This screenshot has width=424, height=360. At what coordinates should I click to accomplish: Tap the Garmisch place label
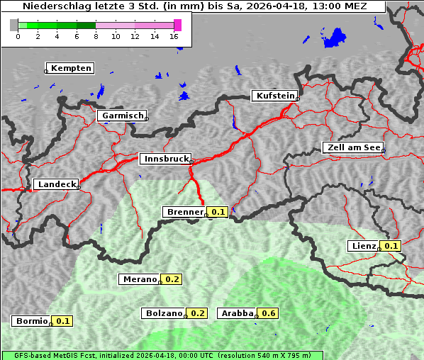pyautogui.click(x=122, y=116)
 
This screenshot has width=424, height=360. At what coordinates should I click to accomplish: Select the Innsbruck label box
pyautogui.click(x=165, y=159)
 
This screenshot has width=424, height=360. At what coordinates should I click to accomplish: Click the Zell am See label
pyautogui.click(x=353, y=147)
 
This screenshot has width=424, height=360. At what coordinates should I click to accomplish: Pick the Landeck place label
pyautogui.click(x=56, y=184)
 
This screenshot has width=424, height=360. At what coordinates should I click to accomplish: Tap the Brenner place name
pyautogui.click(x=184, y=212)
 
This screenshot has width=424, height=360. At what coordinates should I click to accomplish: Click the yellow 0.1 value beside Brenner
pyautogui.click(x=218, y=212)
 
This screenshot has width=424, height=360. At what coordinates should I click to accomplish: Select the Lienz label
pyautogui.click(x=364, y=246)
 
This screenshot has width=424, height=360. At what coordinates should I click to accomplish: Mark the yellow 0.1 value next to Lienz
pyautogui.click(x=391, y=246)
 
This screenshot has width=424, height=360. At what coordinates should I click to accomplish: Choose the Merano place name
pyautogui.click(x=139, y=279)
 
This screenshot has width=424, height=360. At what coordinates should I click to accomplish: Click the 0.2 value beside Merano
pyautogui.click(x=172, y=279)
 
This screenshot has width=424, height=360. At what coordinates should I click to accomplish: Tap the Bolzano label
pyautogui.click(x=164, y=313)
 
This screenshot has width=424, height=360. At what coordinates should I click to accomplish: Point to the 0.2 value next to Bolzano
pyautogui.click(x=197, y=313)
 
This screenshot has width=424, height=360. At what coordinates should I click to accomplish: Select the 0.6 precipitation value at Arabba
pyautogui.click(x=268, y=313)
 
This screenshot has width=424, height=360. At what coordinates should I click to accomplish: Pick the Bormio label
pyautogui.click(x=32, y=321)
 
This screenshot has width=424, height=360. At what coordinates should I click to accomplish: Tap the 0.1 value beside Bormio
pyautogui.click(x=63, y=321)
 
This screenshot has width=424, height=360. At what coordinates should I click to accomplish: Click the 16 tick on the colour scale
pyautogui.click(x=174, y=35)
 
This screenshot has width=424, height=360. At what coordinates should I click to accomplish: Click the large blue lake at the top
pyautogui.click(x=333, y=38)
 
